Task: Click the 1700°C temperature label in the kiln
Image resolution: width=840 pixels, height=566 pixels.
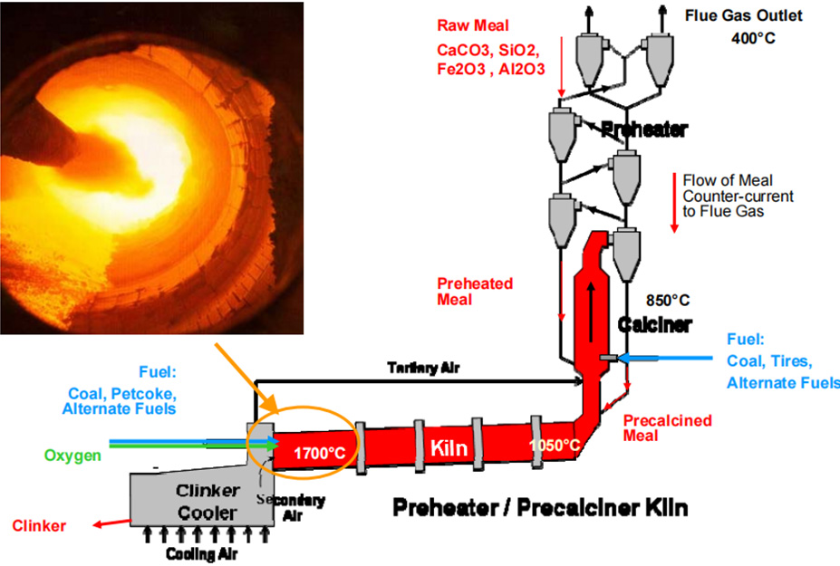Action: pyautogui.click(x=319, y=454)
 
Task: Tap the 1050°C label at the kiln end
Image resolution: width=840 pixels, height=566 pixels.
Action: pyautogui.click(x=555, y=445)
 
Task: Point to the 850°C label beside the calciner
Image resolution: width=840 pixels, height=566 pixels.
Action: pyautogui.click(x=668, y=301)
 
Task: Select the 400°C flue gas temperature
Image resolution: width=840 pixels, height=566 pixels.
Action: pyautogui.click(x=753, y=38)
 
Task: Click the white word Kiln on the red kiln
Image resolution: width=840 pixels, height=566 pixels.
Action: pyautogui.click(x=449, y=447)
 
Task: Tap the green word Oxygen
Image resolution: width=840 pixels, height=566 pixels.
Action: pyautogui.click(x=72, y=456)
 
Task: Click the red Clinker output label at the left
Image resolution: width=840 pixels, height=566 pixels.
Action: pyautogui.click(x=39, y=526)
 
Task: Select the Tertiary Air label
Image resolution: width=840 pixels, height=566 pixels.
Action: pyautogui.click(x=423, y=368)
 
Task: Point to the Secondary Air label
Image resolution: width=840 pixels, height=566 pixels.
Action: pyautogui.click(x=291, y=508)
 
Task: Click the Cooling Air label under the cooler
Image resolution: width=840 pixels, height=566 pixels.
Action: pyautogui.click(x=201, y=553)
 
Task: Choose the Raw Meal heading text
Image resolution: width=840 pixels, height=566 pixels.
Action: pyautogui.click(x=472, y=25)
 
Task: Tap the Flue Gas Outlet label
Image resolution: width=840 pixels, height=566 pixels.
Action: pyautogui.click(x=744, y=15)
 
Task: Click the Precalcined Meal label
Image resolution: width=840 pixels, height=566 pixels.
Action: pyautogui.click(x=668, y=427)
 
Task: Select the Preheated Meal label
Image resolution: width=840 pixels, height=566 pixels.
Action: pyautogui.click(x=475, y=292)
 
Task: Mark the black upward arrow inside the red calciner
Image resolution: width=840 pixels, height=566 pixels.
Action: pyautogui.click(x=591, y=312)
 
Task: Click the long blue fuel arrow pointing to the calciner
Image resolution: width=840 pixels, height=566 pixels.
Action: pyautogui.click(x=665, y=358)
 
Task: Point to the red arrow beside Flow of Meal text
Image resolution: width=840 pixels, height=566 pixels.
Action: pyautogui.click(x=674, y=203)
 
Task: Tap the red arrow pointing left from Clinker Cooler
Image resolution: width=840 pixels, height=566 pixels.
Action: pyautogui.click(x=112, y=523)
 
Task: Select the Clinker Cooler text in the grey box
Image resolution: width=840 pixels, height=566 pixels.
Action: pyautogui.click(x=207, y=502)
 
